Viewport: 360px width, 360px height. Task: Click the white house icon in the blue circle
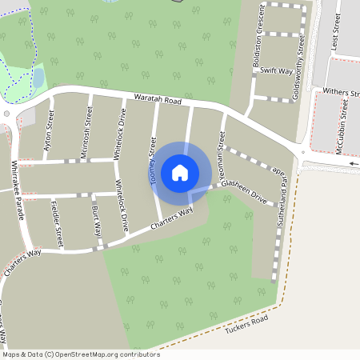pos(180,172)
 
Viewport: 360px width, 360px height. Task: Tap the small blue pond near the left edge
pos(38,78)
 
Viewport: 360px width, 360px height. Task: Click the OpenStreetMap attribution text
pos(80,354)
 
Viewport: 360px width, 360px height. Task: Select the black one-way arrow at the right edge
pos(354,164)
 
